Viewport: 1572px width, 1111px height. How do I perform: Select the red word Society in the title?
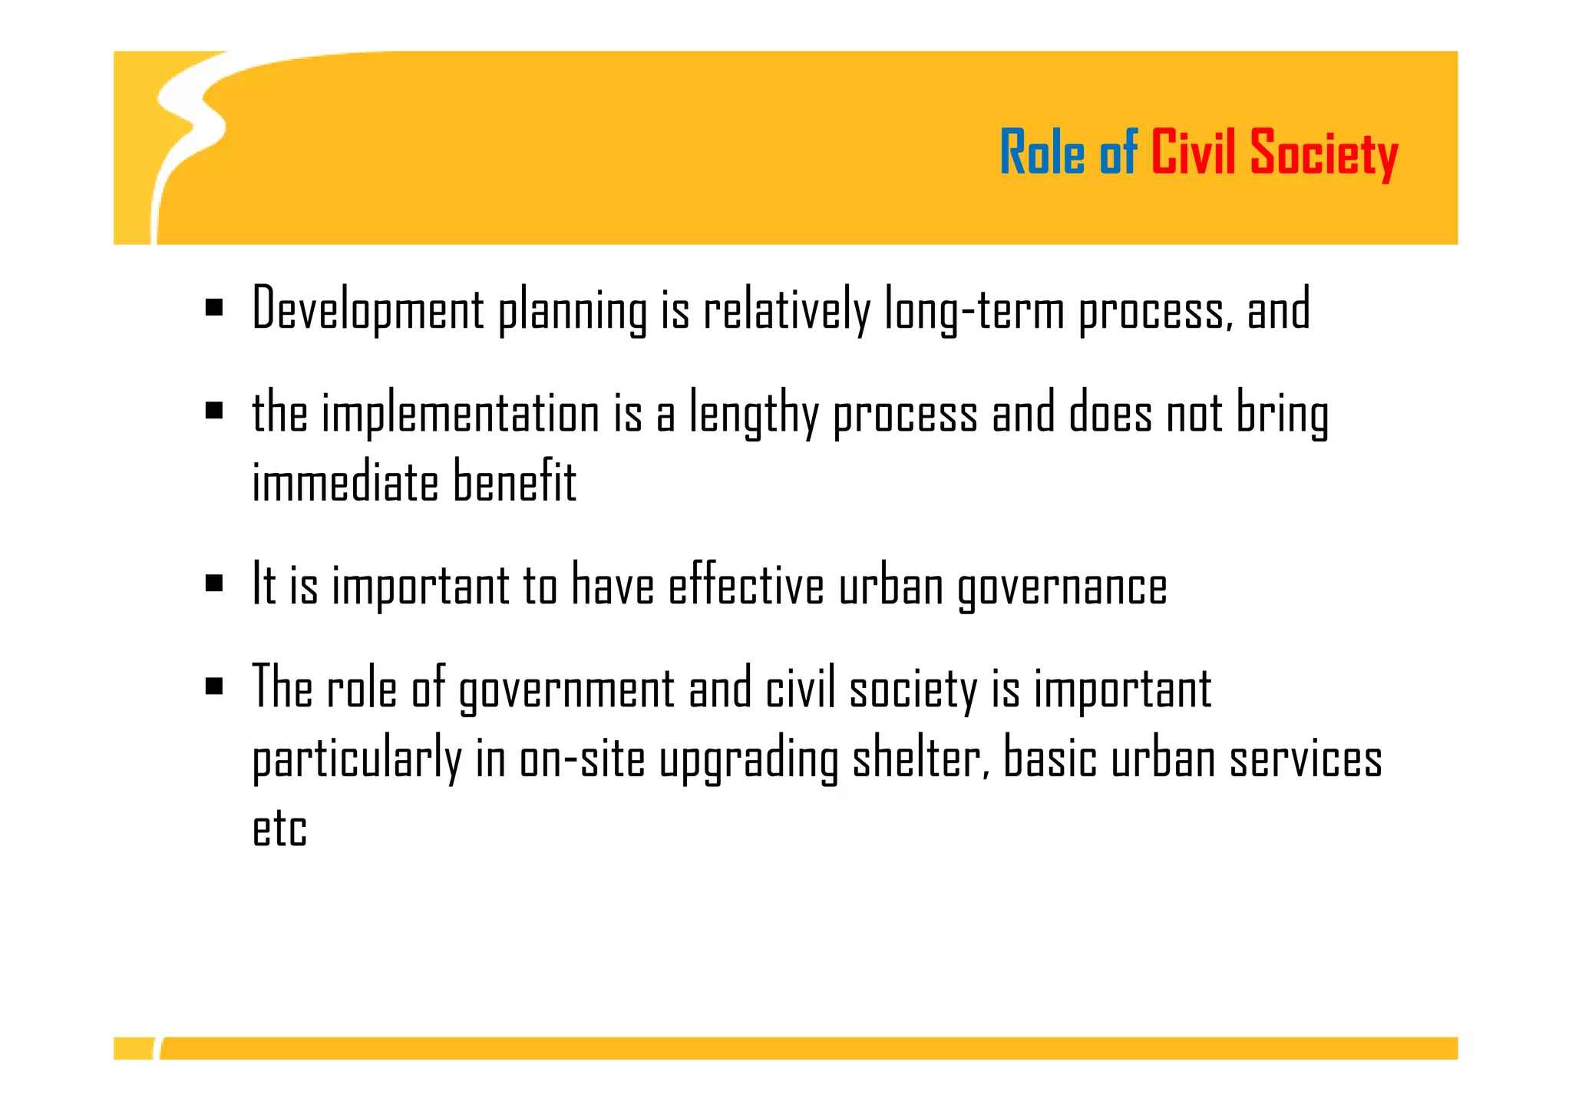tap(1323, 155)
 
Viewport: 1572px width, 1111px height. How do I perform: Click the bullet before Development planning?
tap(214, 309)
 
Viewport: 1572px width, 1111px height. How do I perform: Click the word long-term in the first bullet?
tap(974, 310)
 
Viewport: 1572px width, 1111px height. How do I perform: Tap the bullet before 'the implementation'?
tap(214, 411)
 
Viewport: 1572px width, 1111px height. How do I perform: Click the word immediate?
tap(345, 482)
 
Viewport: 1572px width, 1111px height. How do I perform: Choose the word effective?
tap(745, 585)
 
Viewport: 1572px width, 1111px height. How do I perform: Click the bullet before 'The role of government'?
tap(214, 686)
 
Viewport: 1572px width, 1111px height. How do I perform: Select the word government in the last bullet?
tap(566, 689)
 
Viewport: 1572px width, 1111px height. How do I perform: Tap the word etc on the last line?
tap(280, 828)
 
